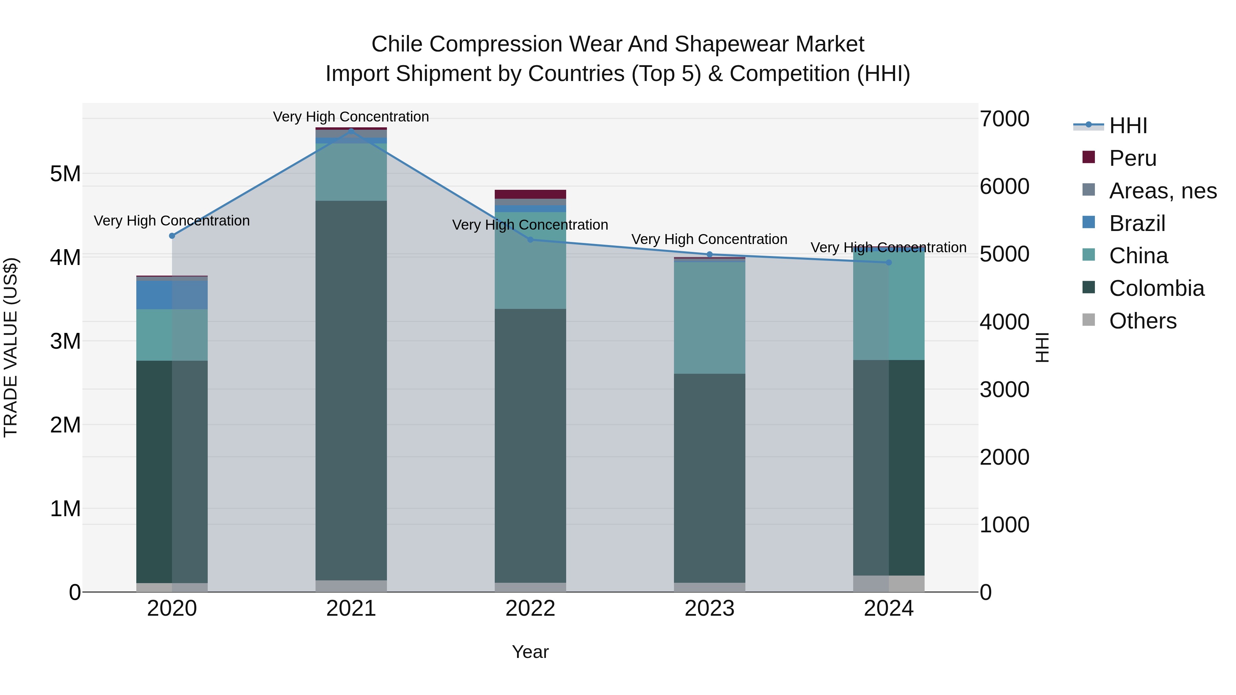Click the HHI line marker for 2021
pos(351,130)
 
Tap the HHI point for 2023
pos(710,254)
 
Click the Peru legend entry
pos(1132,158)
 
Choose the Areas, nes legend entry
pos(1162,191)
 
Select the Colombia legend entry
pos(1156,288)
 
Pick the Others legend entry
pos(1142,321)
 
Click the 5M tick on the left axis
pos(65,174)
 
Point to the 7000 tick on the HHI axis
pos(1004,119)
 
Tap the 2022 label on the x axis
pos(530,609)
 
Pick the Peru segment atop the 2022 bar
pos(530,194)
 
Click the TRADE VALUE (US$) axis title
pos(11,347)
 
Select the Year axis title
pos(530,652)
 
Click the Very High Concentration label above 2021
pos(351,117)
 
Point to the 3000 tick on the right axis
pos(1004,390)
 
